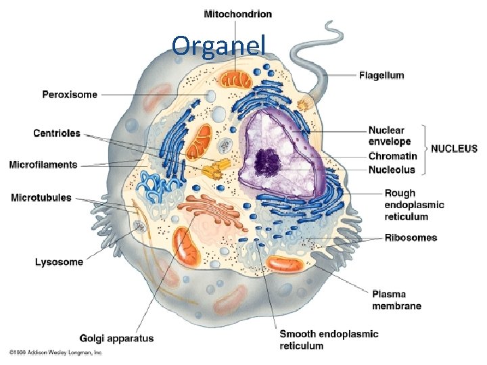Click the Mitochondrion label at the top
(237, 14)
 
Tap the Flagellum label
(381, 76)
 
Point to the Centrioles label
(57, 134)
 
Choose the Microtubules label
(41, 198)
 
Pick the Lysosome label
(59, 262)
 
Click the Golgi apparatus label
(117, 339)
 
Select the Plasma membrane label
(396, 300)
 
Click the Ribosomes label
(411, 237)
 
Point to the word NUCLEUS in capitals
(454, 149)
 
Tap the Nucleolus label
(392, 170)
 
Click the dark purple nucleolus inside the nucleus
(267, 161)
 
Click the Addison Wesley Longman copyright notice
(55, 353)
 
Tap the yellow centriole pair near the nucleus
(214, 168)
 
